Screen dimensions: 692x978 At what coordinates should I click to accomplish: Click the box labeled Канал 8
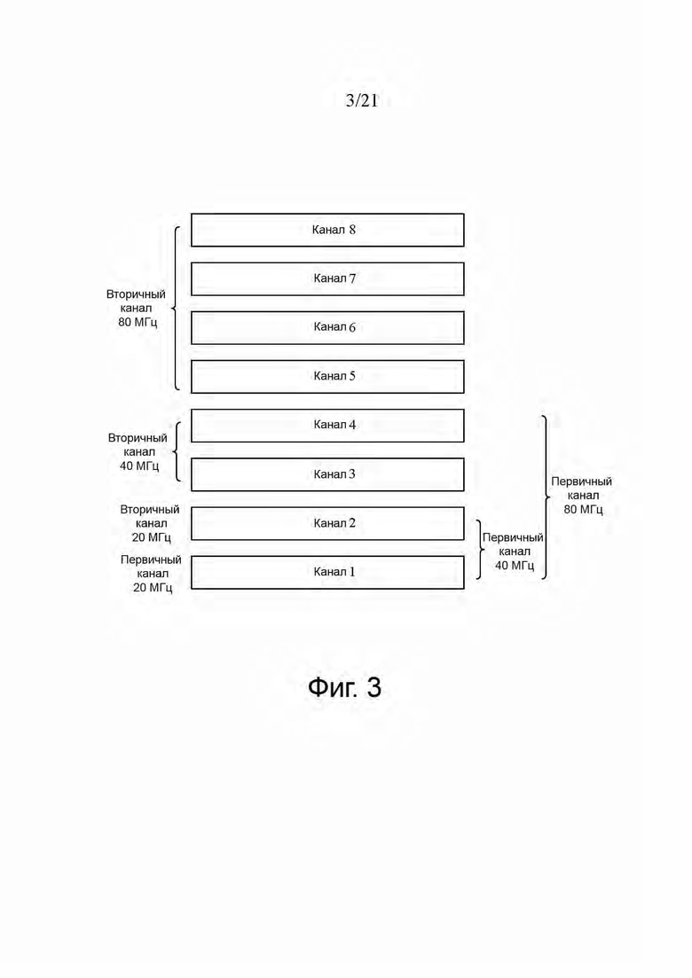tap(327, 231)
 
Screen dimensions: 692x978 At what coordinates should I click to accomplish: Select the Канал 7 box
tap(327, 278)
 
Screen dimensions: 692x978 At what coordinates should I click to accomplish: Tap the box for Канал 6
tap(327, 327)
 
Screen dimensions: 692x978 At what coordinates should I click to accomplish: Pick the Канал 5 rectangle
tap(327, 377)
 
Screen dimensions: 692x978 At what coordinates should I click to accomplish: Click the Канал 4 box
tap(327, 426)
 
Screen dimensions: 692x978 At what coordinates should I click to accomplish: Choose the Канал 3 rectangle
tap(327, 474)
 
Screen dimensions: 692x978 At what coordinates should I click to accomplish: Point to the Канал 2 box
tap(327, 523)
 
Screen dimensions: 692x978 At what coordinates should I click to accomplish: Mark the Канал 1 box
tap(327, 572)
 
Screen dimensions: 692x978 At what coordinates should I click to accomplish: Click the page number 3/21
tap(362, 101)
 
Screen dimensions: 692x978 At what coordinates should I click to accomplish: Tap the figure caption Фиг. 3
tap(344, 687)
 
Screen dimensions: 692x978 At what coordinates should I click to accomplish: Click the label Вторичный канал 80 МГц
tap(136, 309)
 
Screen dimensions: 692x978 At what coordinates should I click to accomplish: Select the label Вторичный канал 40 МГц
tap(138, 451)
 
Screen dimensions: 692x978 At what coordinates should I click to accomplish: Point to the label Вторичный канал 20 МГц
tap(150, 523)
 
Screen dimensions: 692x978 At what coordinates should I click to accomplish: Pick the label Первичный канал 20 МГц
tap(151, 573)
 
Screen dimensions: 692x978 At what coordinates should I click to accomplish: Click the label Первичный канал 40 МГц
tap(513, 552)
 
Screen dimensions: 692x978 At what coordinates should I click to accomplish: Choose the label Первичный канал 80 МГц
tap(582, 496)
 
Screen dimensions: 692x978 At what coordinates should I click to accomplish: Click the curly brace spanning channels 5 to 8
tap(174, 309)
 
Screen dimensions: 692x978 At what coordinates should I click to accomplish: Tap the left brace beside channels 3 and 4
tap(175, 451)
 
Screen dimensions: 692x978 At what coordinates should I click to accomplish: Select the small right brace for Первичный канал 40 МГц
tap(482, 549)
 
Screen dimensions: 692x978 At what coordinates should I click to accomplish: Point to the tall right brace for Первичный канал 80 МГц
tap(549, 497)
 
